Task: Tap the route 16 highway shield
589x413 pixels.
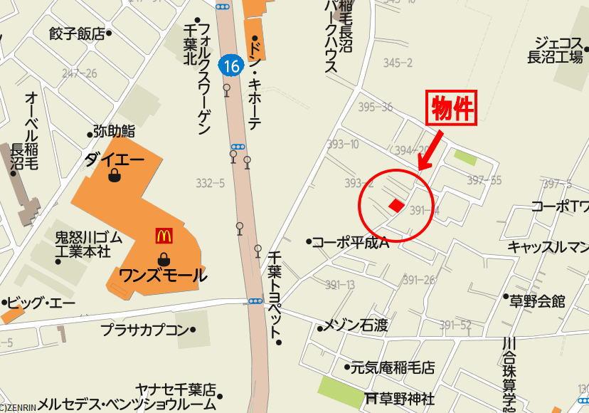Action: coord(230,66)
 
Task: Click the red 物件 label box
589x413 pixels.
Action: coord(450,109)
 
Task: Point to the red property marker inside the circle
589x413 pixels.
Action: coord(396,205)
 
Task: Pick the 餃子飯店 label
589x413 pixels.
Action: coord(77,33)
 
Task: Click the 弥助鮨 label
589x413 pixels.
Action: coord(114,132)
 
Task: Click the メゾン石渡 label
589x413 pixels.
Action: coord(356,326)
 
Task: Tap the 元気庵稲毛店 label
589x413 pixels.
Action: coord(392,368)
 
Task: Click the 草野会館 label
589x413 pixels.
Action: coord(537,300)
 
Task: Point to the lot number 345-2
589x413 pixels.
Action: coord(398,63)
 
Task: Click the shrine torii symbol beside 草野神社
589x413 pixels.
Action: coord(370,397)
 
